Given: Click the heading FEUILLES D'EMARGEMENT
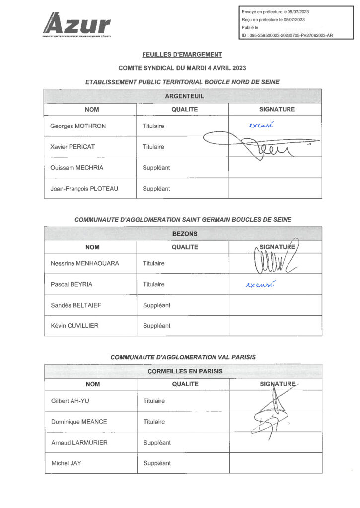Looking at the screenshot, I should coord(182,55).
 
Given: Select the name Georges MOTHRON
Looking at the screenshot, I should coord(78,126).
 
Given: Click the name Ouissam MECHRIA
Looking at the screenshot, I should coord(77,168).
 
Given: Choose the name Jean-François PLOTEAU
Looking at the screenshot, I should coord(84,189).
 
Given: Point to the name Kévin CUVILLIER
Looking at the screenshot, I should coord(75,326).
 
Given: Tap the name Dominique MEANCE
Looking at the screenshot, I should coord(79,422).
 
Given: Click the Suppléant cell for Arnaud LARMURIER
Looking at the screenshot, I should coord(157,443).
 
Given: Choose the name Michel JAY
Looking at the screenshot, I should coord(66,463).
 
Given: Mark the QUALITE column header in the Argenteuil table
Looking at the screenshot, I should coord(185,109).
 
